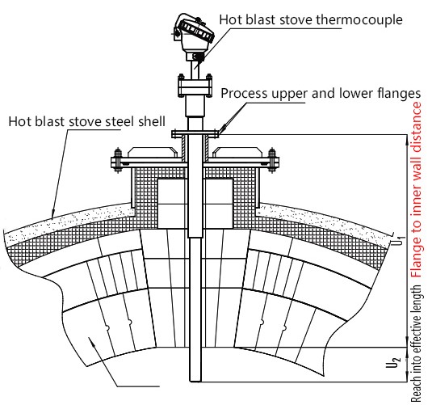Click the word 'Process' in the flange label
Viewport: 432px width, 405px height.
tap(245, 93)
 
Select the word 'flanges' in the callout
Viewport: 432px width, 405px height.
tap(396, 93)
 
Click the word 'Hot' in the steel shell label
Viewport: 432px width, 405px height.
tap(19, 122)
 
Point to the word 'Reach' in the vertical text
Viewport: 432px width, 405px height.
tap(417, 388)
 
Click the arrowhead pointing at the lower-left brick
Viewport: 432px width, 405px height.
tap(95, 344)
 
